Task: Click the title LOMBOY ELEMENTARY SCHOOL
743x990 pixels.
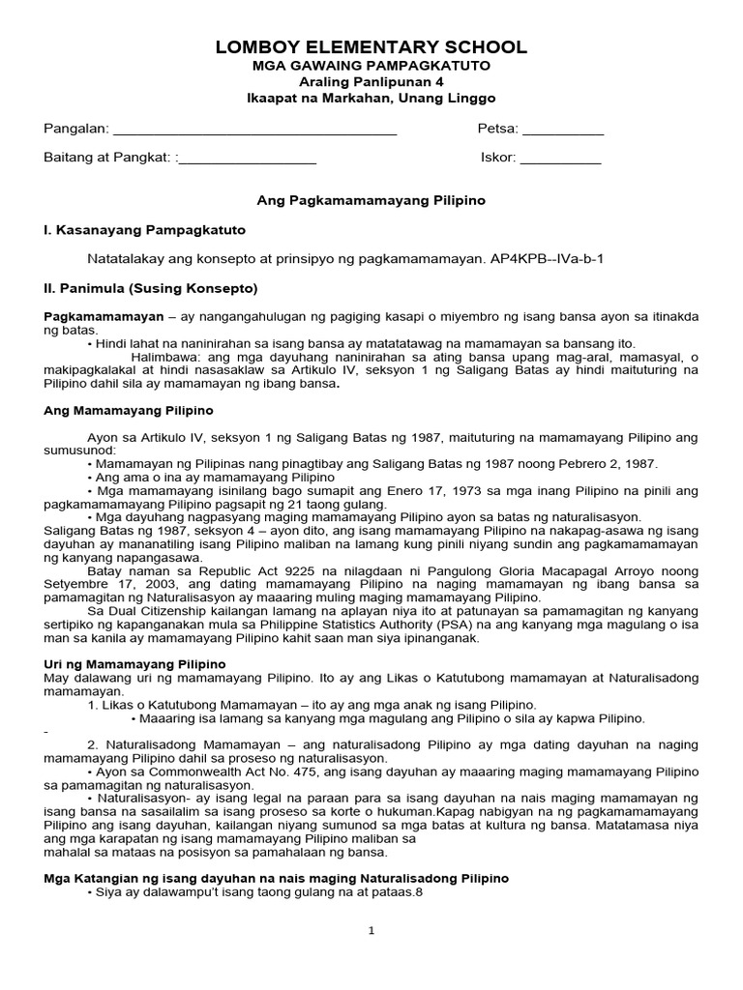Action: point(371,47)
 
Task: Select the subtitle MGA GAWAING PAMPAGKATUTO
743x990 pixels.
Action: point(371,66)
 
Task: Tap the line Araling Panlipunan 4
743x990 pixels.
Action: point(371,82)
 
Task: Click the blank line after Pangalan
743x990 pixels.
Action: point(255,131)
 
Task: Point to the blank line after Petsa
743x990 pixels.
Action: point(562,131)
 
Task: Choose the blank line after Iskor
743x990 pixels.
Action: point(560,159)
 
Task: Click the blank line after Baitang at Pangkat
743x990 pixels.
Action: point(248,159)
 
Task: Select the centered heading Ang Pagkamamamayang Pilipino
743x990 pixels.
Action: point(371,201)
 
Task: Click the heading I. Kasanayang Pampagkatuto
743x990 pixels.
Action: point(145,230)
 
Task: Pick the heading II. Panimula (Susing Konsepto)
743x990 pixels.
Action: point(151,288)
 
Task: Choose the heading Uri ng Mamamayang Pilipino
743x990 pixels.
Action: point(135,665)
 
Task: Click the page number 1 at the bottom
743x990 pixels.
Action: point(371,931)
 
